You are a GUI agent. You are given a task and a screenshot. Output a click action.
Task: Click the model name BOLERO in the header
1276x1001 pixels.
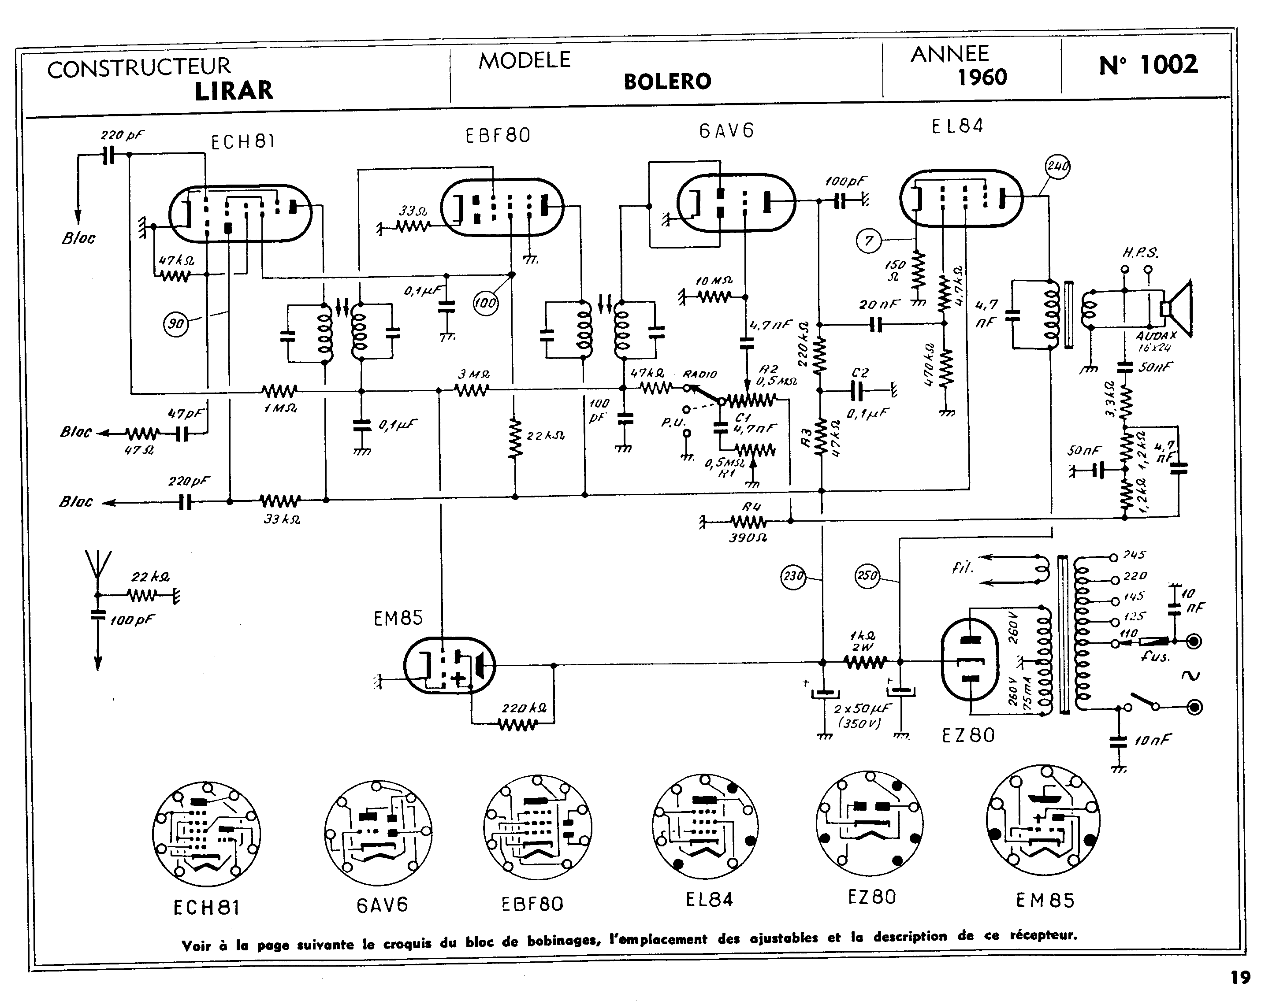667,82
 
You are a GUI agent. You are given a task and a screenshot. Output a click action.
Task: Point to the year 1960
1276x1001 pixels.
982,77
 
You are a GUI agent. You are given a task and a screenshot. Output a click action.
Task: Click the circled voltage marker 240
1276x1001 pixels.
1058,167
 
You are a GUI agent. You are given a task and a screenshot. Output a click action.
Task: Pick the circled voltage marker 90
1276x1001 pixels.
176,323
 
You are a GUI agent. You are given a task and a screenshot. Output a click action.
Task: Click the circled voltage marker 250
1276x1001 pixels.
867,575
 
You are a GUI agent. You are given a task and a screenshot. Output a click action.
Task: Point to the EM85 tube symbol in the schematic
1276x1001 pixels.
449,666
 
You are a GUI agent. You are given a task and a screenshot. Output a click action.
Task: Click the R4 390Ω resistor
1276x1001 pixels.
748,521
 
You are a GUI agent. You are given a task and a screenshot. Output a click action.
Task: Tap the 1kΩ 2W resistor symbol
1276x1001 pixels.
865,662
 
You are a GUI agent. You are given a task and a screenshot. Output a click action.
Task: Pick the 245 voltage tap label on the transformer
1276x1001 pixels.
1134,554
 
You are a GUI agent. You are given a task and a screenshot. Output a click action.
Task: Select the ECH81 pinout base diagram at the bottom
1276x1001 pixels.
206,834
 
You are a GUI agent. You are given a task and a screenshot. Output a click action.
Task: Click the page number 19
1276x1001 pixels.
1240,978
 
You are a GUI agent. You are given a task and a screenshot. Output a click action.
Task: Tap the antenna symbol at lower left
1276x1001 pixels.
98,566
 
